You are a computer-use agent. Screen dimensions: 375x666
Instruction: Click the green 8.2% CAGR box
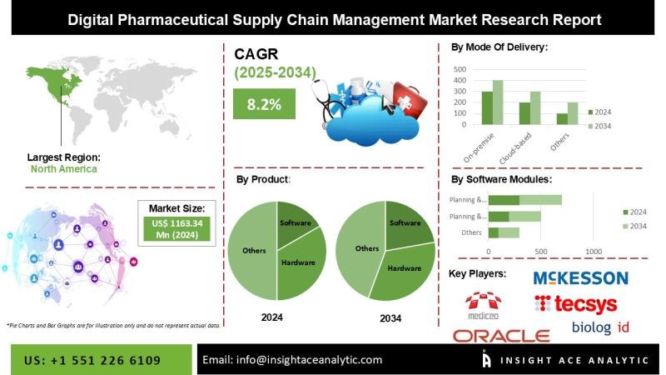pyautogui.click(x=264, y=105)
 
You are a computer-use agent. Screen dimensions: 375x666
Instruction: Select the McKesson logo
pyautogui.click(x=580, y=277)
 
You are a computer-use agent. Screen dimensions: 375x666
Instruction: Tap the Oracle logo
pyautogui.click(x=501, y=335)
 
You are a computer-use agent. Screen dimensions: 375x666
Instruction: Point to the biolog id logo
pyautogui.click(x=600, y=327)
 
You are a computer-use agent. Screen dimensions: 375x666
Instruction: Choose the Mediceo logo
pyautogui.click(x=484, y=304)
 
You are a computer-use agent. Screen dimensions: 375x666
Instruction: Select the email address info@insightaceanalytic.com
pyautogui.click(x=292, y=359)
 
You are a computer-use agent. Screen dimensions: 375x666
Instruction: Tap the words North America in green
pyautogui.click(x=64, y=168)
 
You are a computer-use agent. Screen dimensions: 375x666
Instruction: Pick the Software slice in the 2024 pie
pyautogui.click(x=296, y=222)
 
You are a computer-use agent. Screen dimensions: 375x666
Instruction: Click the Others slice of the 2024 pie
pyautogui.click(x=253, y=250)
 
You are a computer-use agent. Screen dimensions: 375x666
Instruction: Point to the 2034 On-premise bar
pyautogui.click(x=499, y=102)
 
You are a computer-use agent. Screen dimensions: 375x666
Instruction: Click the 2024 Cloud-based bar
pyautogui.click(x=525, y=114)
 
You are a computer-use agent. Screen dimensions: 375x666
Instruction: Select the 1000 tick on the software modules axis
pyautogui.click(x=593, y=251)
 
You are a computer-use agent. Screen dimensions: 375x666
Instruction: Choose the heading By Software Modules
pyautogui.click(x=500, y=178)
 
